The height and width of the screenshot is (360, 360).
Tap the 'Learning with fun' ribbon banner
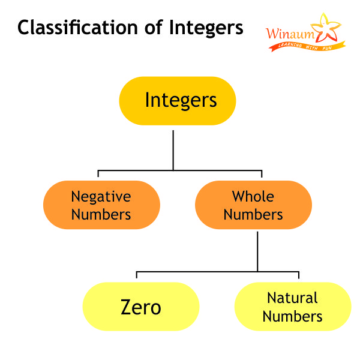pos(306,46)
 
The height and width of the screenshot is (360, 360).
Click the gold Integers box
pos(177,100)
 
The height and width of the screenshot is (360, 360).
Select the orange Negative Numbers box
pos(101,205)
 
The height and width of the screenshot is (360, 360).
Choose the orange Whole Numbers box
pos(253,205)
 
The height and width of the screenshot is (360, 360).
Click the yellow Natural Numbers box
pos(292,307)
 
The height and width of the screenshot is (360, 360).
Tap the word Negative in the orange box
pos(101,196)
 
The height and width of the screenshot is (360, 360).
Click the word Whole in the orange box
pos(253,196)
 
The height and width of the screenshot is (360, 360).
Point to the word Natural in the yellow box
pos(292,298)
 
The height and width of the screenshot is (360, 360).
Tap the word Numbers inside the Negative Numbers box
pos(101,214)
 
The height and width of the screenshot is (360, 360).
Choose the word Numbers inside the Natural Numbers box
pos(292,316)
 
